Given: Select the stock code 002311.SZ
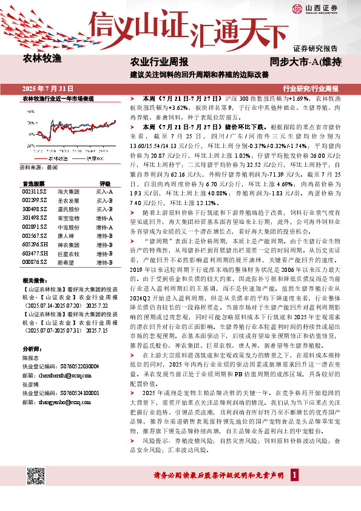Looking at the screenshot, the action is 34,191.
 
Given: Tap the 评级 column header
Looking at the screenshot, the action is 104,183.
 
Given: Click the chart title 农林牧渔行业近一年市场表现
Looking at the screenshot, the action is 58,98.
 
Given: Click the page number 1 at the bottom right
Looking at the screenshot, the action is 294,475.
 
